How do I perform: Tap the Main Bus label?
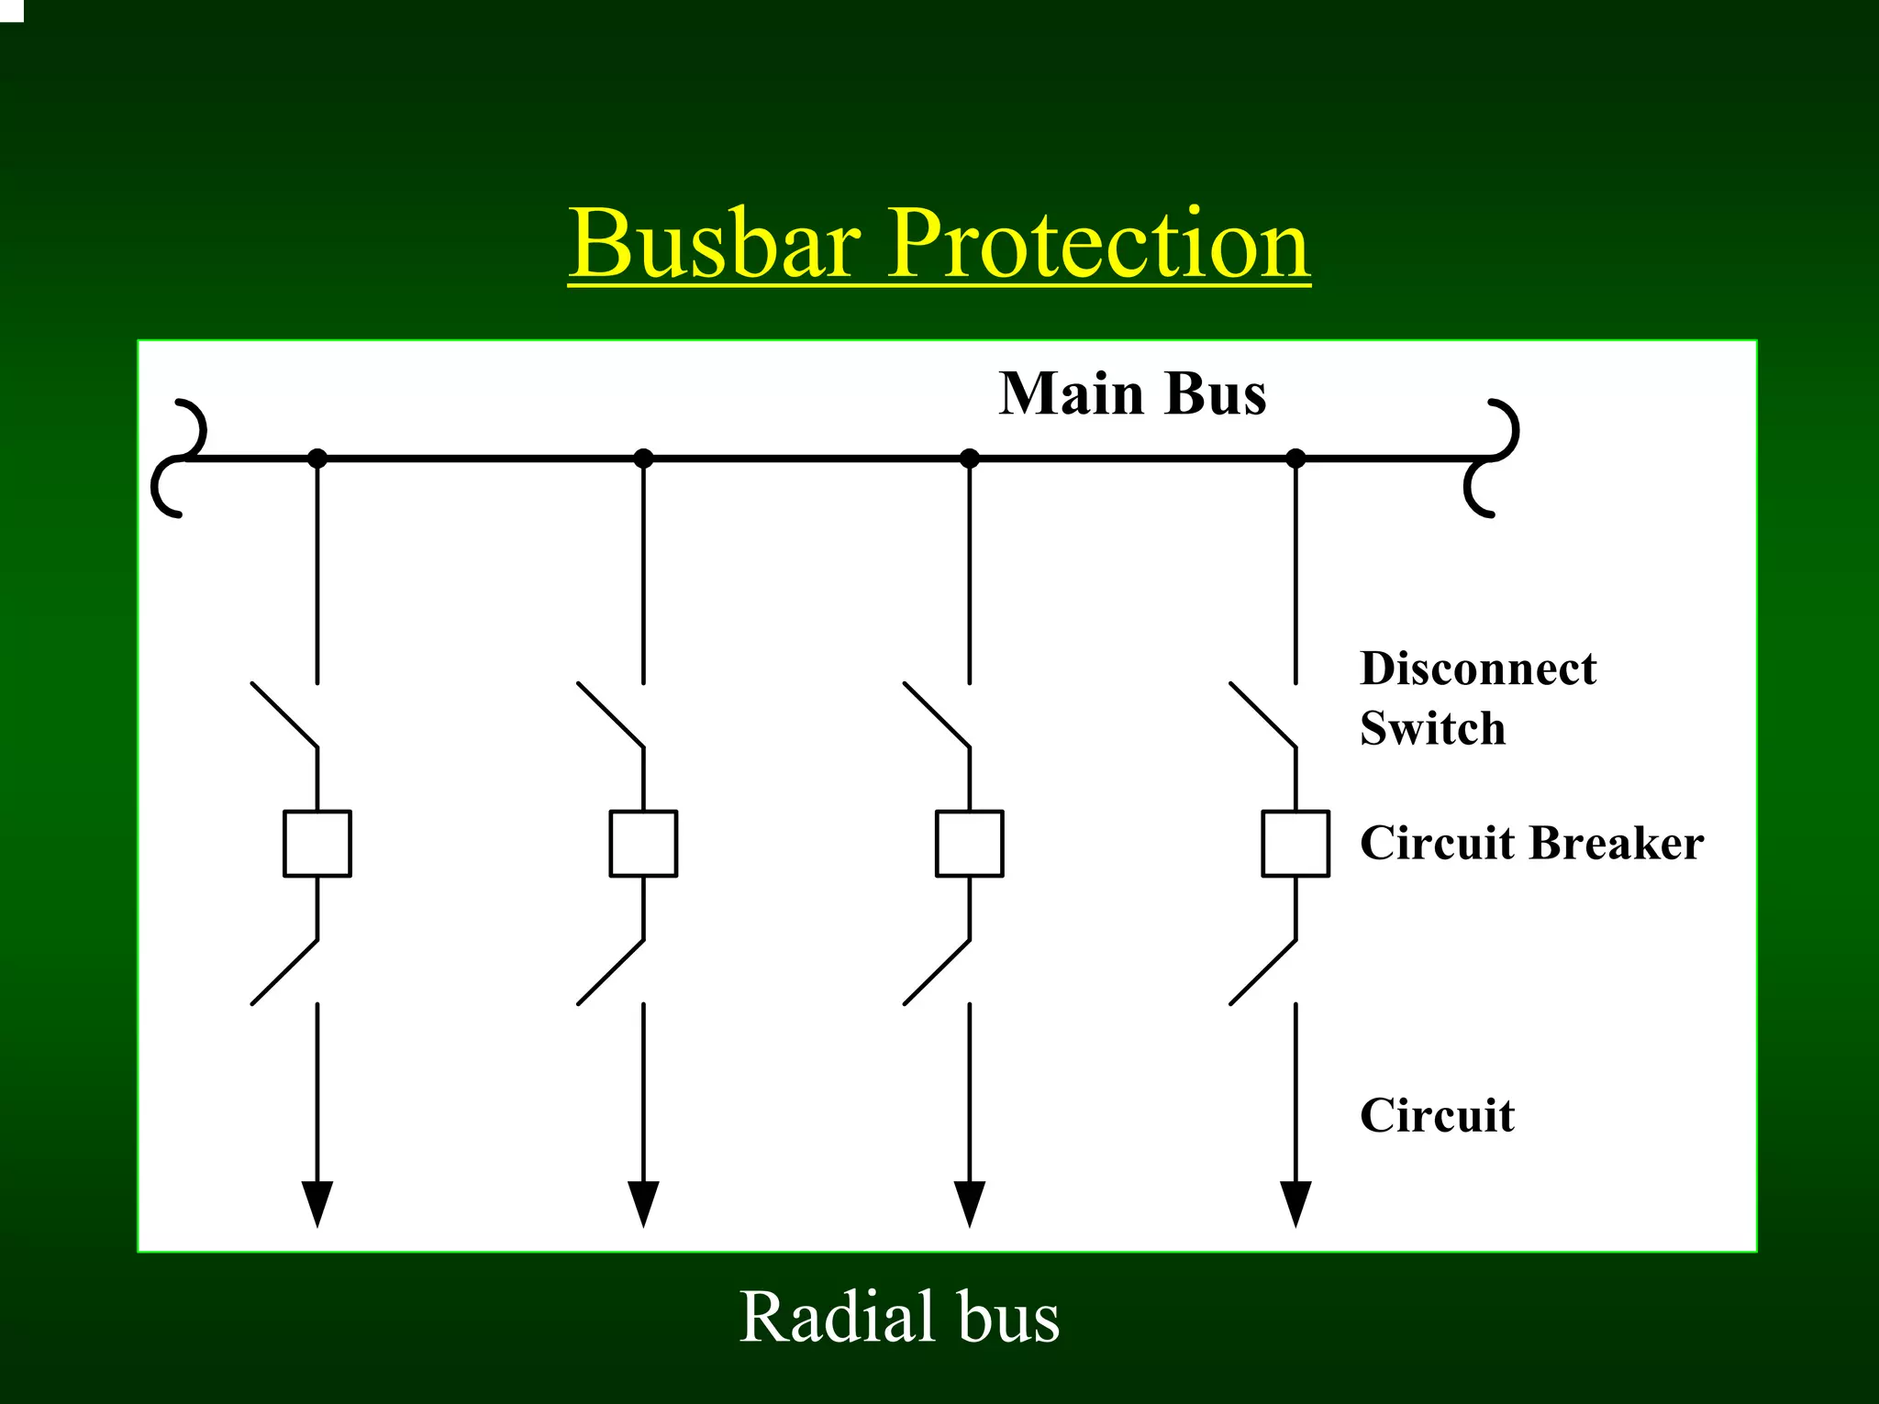point(1132,394)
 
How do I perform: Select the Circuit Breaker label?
point(1531,843)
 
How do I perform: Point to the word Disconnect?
point(1477,669)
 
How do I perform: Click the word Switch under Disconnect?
point(1432,729)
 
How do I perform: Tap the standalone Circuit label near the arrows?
point(1437,1116)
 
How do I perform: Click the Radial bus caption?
point(899,1317)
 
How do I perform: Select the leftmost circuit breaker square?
point(317,844)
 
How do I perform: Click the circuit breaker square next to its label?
point(1295,844)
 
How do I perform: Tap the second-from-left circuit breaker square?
point(643,844)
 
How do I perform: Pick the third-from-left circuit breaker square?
point(970,844)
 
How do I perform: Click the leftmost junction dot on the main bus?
point(317,458)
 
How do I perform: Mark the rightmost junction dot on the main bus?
point(1295,458)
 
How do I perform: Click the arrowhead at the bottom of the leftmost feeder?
point(317,1202)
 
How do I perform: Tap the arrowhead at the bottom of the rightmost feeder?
point(1295,1202)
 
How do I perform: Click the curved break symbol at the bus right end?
point(1491,458)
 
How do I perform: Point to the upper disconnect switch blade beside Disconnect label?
point(1262,715)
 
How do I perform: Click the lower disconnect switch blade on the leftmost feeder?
point(284,972)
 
